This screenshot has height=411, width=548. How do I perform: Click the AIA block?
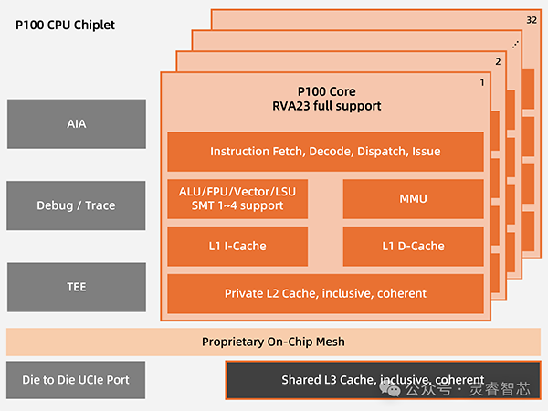coord(76,123)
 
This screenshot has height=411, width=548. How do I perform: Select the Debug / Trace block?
coord(76,205)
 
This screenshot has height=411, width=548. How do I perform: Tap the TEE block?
coord(76,287)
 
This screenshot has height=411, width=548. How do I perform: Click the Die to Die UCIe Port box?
coord(76,380)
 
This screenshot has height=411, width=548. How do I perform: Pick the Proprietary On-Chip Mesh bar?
coord(273,342)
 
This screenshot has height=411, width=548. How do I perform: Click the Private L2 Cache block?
coord(325,293)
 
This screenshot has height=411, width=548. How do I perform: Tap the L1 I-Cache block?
coord(238,246)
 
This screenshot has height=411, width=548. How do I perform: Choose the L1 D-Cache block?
coord(413,246)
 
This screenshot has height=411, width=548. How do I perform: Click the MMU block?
coord(413,198)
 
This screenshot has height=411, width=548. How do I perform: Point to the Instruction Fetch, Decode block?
coord(325,151)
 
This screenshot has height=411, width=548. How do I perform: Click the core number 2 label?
coord(498,63)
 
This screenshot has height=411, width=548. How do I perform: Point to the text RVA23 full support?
coord(326,106)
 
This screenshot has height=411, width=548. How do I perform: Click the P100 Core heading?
coord(326,91)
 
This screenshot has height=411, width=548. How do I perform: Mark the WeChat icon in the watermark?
coord(393,390)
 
